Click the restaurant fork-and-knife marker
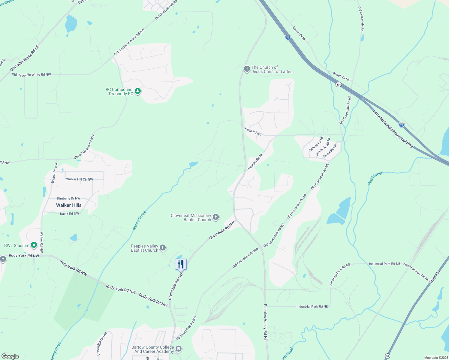tap(181, 264)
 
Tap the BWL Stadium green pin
tap(34, 245)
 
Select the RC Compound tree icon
tap(137, 91)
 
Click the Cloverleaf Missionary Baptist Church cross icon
tap(215, 217)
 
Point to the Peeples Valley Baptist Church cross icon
tap(162, 248)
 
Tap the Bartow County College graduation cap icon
tap(178, 349)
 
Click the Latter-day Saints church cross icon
tap(247, 69)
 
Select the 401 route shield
tap(339, 85)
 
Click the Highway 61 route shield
tap(388, 356)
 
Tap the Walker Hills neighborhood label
tap(69, 205)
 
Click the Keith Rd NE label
tap(253, 131)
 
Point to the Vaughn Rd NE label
tap(255, 161)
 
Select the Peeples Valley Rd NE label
tap(265, 322)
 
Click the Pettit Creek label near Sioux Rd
tap(375, 178)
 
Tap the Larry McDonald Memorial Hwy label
tap(393, 129)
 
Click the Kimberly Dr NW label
tap(69, 198)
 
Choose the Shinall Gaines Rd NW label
tap(84, 147)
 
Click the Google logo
tap(10, 356)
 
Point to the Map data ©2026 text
tap(435, 358)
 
